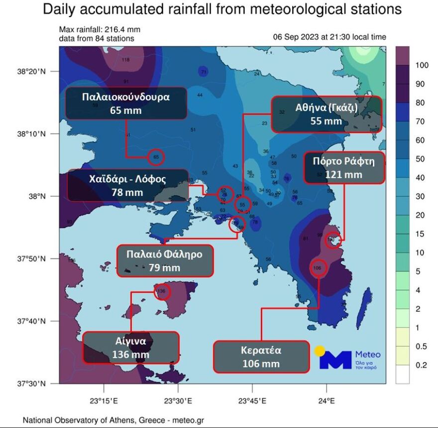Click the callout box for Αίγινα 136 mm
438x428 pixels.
[x=131, y=348]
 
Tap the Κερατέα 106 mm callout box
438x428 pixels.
[x=261, y=356]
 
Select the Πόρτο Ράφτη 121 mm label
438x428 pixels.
[x=343, y=168]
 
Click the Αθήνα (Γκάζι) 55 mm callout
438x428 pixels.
[x=326, y=114]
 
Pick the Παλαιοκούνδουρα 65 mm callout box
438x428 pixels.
[x=126, y=103]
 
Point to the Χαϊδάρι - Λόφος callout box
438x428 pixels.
[x=127, y=185]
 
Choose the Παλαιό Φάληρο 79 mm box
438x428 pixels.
[x=164, y=261]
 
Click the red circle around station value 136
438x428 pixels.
[x=162, y=291]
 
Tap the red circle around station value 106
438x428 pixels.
[x=318, y=268]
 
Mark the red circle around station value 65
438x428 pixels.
[x=156, y=157]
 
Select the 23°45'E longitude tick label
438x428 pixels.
[x=252, y=400]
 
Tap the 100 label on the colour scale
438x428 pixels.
[x=422, y=65]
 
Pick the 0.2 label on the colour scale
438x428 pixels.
[x=421, y=365]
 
